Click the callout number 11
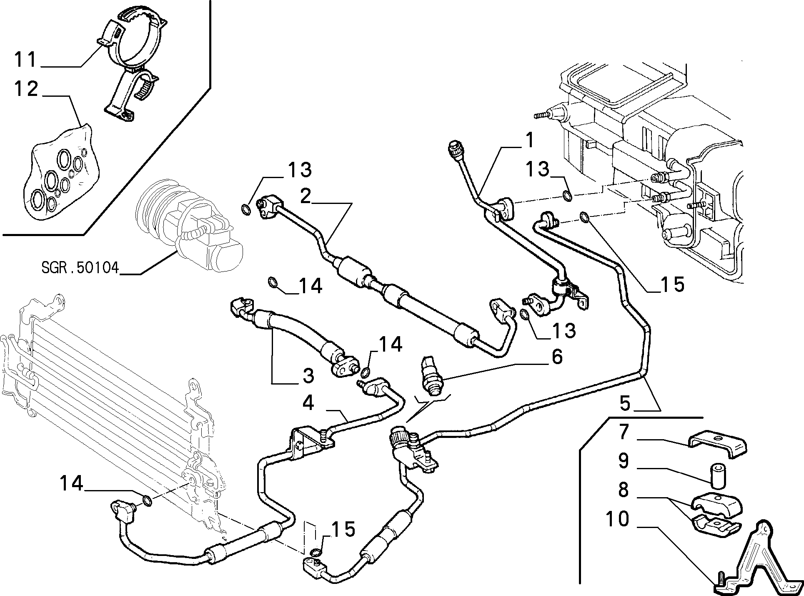[26, 60]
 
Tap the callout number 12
[27, 89]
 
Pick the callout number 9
[624, 461]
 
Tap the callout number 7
[624, 433]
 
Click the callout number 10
[618, 519]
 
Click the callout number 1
[528, 141]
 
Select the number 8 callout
[624, 490]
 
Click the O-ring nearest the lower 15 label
[316, 552]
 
